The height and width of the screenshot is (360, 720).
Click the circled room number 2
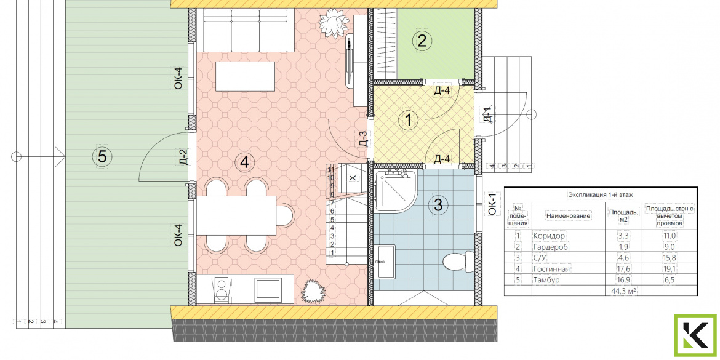422,41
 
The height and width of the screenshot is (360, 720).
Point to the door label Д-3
362,138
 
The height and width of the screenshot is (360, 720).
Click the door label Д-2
183,156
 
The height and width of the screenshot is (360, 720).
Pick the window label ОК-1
492,205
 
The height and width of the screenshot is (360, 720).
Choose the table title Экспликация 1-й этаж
601,194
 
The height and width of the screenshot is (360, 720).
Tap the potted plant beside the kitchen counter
313,290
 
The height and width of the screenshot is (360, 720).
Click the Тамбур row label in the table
547,279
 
